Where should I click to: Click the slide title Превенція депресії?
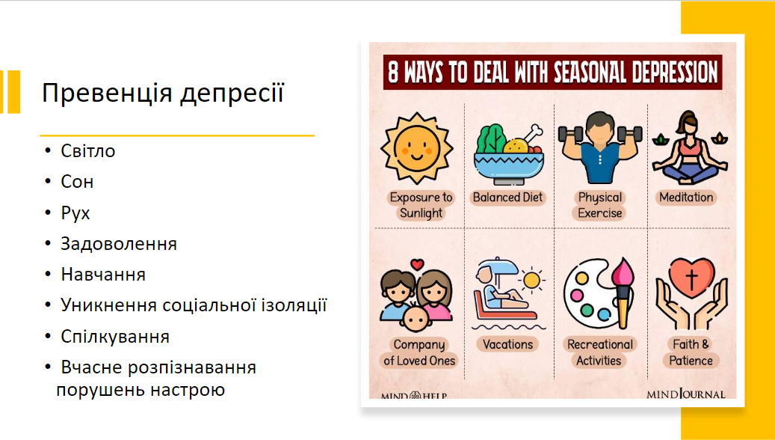pyautogui.click(x=163, y=94)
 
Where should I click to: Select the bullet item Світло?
pyautogui.click(x=88, y=151)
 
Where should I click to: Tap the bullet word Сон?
pyautogui.click(x=77, y=182)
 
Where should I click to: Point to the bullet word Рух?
pyautogui.click(x=75, y=213)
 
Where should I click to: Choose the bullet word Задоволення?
pyautogui.click(x=119, y=244)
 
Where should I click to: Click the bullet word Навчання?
pyautogui.click(x=103, y=275)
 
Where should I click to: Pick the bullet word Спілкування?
pyautogui.click(x=115, y=337)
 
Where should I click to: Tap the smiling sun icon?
pyautogui.click(x=417, y=148)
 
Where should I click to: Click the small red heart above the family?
pyautogui.click(x=418, y=264)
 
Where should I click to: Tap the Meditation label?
pyautogui.click(x=686, y=198)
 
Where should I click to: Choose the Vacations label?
pyautogui.click(x=507, y=344)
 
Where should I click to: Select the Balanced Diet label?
pyautogui.click(x=507, y=198)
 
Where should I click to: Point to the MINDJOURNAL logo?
pyautogui.click(x=685, y=394)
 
